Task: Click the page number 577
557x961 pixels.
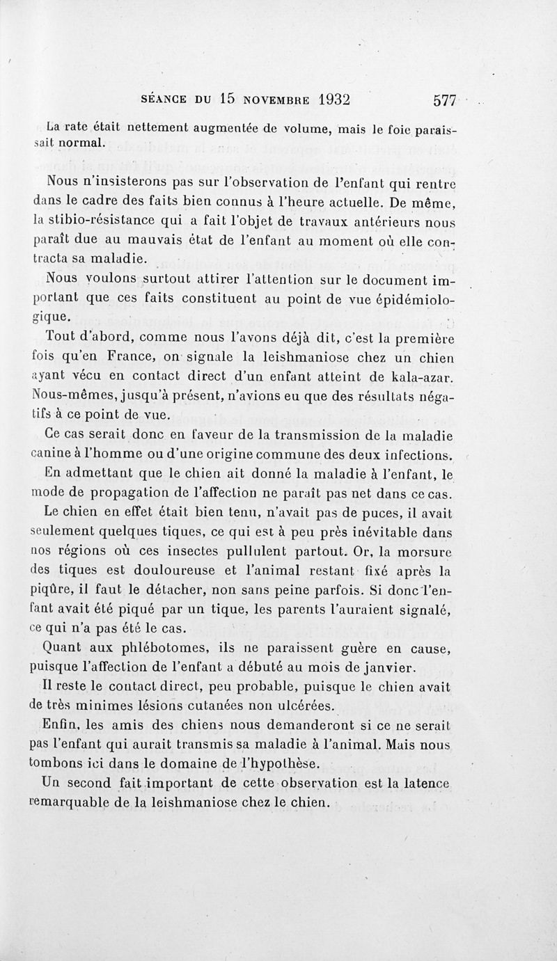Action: pos(444,100)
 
